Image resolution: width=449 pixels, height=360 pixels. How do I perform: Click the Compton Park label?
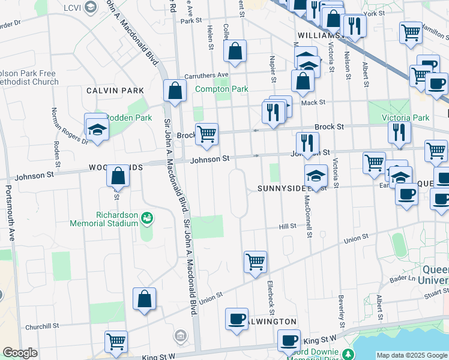click(221, 89)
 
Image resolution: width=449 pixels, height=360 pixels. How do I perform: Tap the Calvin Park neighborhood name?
click(115, 91)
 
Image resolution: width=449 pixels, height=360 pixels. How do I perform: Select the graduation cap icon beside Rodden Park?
click(96, 128)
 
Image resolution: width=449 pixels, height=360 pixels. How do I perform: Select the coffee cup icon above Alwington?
click(237, 319)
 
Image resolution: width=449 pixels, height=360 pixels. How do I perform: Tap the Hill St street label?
click(287, 227)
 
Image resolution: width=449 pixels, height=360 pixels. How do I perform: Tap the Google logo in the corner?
click(20, 353)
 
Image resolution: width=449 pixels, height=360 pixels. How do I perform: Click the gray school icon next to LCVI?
click(91, 7)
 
